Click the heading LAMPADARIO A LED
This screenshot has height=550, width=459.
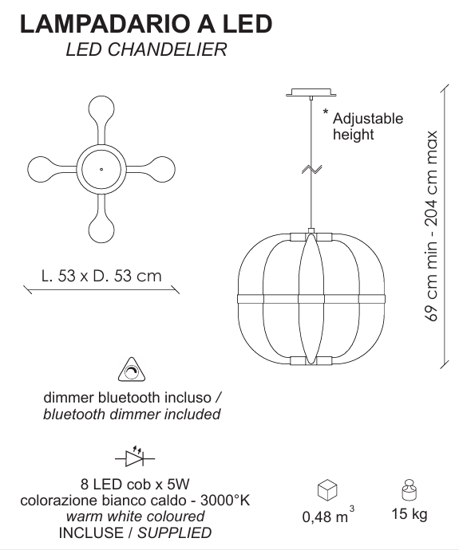pyautogui.click(x=146, y=24)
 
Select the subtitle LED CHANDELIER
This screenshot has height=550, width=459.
pyautogui.click(x=146, y=49)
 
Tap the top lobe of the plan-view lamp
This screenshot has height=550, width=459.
pyautogui.click(x=101, y=109)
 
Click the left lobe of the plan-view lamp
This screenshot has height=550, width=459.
pyautogui.click(x=41, y=169)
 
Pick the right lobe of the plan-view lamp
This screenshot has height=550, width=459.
pyautogui.click(x=162, y=169)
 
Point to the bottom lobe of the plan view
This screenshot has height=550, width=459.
pyautogui.click(x=101, y=230)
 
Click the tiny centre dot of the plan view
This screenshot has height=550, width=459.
pyautogui.click(x=101, y=170)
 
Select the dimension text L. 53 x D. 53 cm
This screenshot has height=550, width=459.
pyautogui.click(x=101, y=276)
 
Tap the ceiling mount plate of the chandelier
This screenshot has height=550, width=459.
pyautogui.click(x=311, y=92)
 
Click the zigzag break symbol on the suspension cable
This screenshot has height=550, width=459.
pyautogui.click(x=311, y=169)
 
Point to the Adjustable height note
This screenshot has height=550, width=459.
pyautogui.click(x=368, y=127)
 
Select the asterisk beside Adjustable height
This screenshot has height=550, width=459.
pyautogui.click(x=326, y=112)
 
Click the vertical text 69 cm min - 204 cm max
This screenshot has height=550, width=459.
pyautogui.click(x=431, y=226)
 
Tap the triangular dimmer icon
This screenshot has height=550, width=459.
pyautogui.click(x=132, y=370)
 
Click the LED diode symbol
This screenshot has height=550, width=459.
pyautogui.click(x=135, y=457)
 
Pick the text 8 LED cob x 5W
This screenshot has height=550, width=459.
pyautogui.click(x=135, y=484)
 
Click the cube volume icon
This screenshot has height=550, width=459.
pyautogui.click(x=327, y=490)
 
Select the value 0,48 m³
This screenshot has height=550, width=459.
pyautogui.click(x=328, y=514)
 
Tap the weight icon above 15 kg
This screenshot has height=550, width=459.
pyautogui.click(x=409, y=489)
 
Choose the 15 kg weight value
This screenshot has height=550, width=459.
pyautogui.click(x=410, y=514)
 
